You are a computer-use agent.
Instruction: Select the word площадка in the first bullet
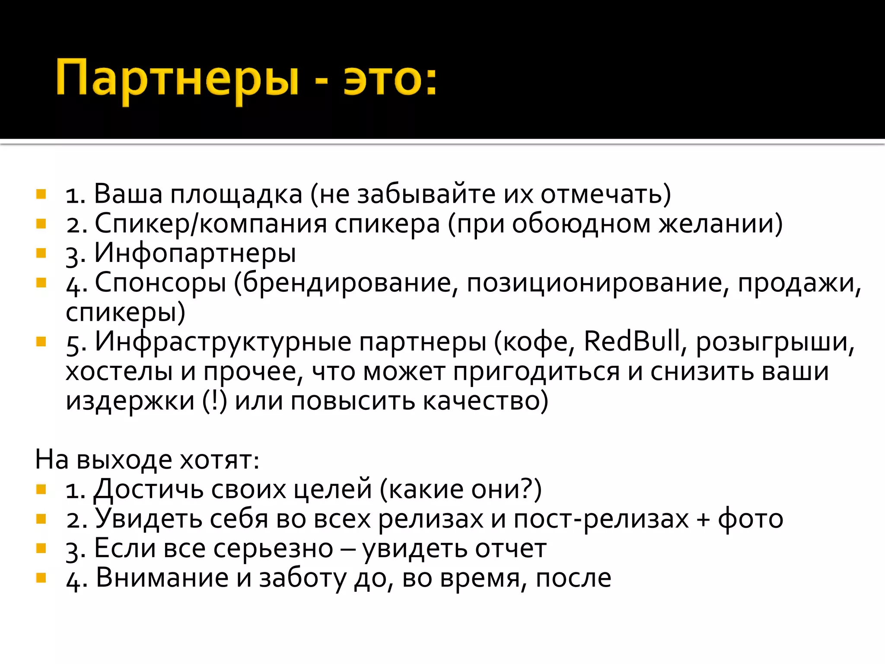pyautogui.click(x=236, y=194)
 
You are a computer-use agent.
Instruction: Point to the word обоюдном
pyautogui.click(x=581, y=224)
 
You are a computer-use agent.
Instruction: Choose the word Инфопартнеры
pyautogui.click(x=195, y=253)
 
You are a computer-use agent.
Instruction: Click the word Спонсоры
pyautogui.click(x=160, y=284)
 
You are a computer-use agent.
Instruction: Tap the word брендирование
pyautogui.click(x=350, y=284)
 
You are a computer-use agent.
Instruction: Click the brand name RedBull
pyautogui.click(x=632, y=342)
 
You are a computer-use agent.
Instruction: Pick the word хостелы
pyautogui.click(x=119, y=372)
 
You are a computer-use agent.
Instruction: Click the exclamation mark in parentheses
pyautogui.click(x=214, y=401)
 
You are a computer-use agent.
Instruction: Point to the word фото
pyautogui.click(x=750, y=519)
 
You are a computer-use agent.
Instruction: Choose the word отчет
pyautogui.click(x=511, y=549)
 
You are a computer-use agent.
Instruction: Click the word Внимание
pyautogui.click(x=162, y=578)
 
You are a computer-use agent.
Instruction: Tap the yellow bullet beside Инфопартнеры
pyautogui.click(x=41, y=253)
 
